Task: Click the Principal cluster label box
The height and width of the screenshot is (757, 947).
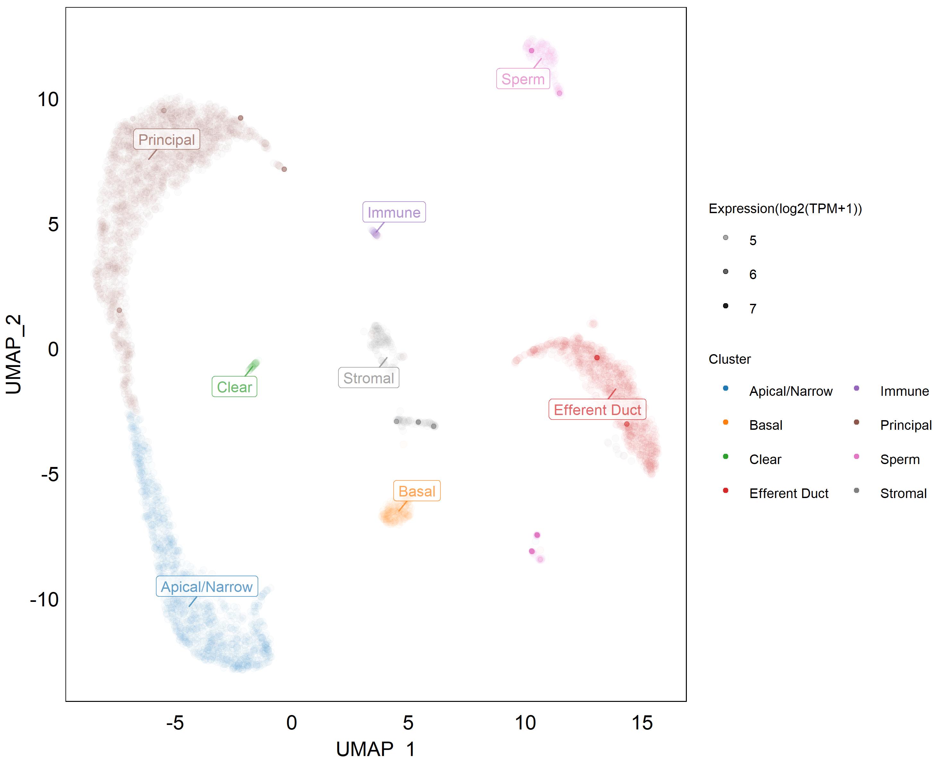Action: (x=166, y=139)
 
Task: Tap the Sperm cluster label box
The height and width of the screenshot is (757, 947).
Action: (x=523, y=79)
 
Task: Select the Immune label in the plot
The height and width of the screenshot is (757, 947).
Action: (x=394, y=212)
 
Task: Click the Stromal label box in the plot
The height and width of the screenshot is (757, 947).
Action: (x=369, y=378)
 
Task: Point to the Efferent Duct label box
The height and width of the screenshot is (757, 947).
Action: (x=597, y=410)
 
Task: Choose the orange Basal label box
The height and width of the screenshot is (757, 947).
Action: (x=416, y=491)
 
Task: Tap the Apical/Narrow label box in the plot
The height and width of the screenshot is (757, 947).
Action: (x=207, y=587)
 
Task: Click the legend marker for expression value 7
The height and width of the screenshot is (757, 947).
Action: (x=726, y=306)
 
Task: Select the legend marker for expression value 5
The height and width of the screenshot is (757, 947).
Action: (x=726, y=238)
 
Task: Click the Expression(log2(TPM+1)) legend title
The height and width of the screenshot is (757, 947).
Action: (x=785, y=208)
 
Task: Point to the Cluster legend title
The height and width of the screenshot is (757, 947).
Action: (x=729, y=359)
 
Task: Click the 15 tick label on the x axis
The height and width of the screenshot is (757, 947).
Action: (x=642, y=723)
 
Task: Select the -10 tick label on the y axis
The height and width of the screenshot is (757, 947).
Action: (x=44, y=599)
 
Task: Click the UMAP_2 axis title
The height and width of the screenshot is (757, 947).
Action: (x=14, y=354)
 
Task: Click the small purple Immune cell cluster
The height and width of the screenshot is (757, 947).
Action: (x=375, y=233)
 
